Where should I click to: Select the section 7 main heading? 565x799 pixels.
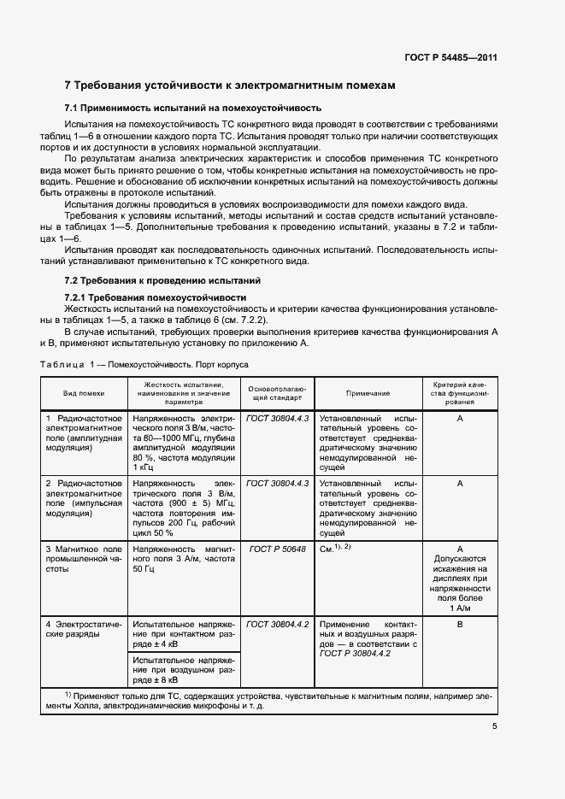231,85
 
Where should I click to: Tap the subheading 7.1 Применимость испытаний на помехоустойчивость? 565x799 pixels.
193,109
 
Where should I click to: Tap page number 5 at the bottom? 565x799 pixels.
495,726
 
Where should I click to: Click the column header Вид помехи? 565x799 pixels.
84,393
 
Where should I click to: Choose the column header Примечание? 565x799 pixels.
368,393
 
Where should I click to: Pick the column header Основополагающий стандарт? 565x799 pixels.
276,393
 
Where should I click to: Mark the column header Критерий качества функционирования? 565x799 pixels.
460,393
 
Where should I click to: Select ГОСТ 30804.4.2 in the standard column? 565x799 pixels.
277,625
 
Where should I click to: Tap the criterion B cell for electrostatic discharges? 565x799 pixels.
460,625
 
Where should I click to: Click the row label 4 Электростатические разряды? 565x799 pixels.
84,630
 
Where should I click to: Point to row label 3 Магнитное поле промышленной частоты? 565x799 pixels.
84,556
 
